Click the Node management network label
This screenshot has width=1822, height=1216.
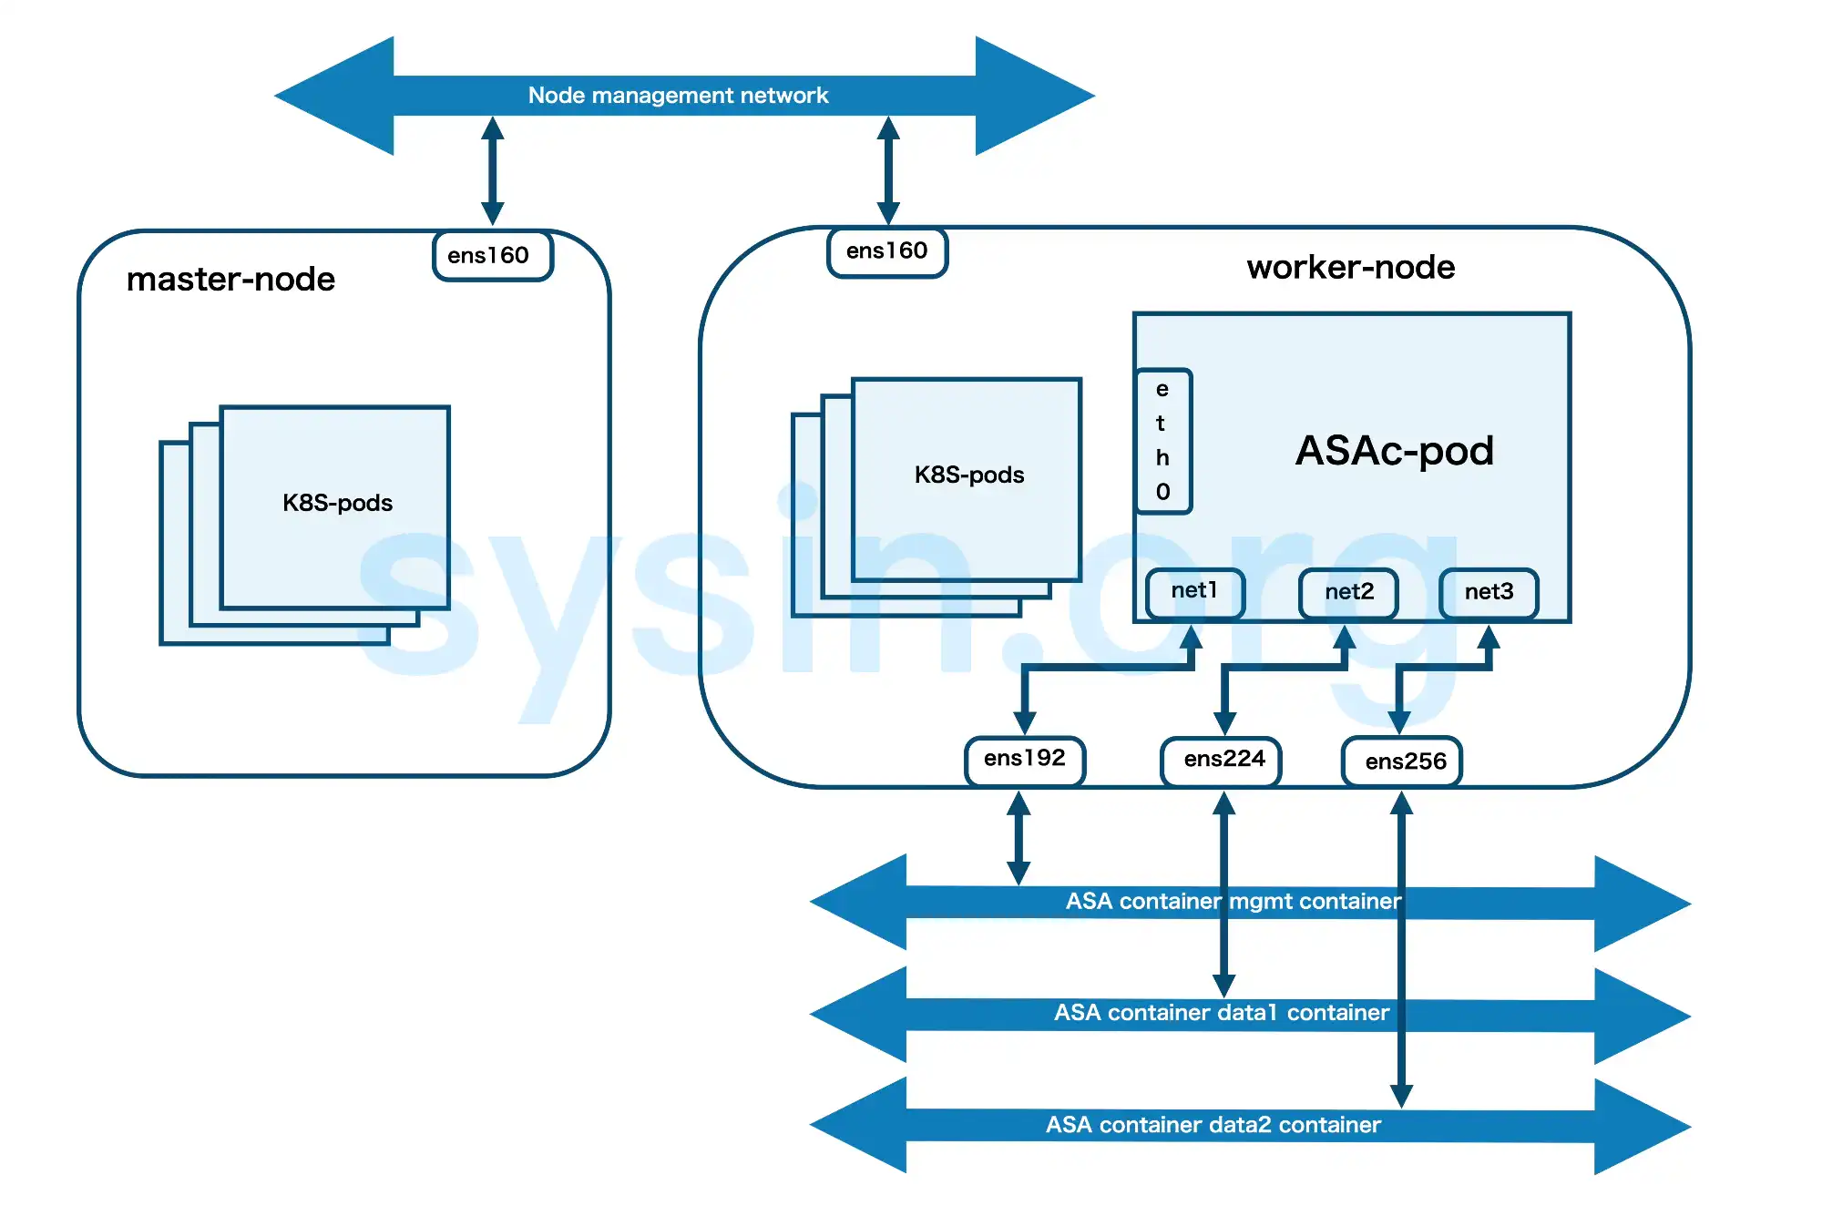point(678,96)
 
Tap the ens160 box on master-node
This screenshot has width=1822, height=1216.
point(492,256)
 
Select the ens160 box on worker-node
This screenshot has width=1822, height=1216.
point(886,251)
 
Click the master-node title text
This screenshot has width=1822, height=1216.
point(230,280)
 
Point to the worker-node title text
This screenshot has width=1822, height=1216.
point(1350,268)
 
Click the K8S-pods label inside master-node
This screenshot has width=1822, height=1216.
point(337,503)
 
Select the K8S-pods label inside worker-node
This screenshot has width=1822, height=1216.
point(969,475)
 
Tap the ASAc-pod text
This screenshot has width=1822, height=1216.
point(1394,451)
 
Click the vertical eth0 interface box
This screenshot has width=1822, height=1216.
point(1163,441)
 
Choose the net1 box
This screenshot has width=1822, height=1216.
point(1194,591)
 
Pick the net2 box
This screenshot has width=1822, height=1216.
point(1348,593)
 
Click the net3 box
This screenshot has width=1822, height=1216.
point(1489,593)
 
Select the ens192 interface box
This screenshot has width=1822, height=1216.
point(1024,759)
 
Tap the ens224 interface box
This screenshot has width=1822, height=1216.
point(1223,760)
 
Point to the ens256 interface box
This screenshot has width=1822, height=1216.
point(1404,761)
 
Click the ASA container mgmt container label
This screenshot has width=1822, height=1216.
point(1233,902)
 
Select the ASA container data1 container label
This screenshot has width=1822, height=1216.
point(1221,1013)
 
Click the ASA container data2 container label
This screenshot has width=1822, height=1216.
point(1213,1125)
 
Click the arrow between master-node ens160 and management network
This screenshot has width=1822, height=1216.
point(493,170)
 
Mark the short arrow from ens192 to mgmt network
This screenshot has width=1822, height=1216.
point(1018,838)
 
